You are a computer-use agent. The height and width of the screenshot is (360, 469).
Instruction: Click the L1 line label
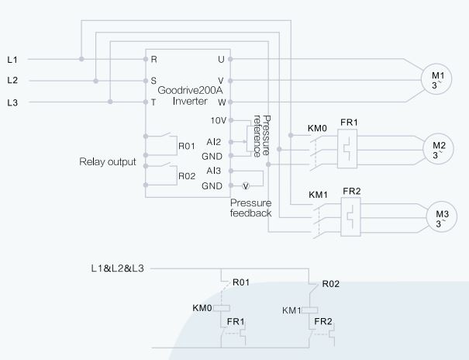coord(12,59)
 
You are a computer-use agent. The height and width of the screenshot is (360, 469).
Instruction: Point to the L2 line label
coord(12,80)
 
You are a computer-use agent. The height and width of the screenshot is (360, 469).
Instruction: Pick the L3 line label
coord(12,102)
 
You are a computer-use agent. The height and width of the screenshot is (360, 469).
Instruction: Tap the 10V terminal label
coord(218,120)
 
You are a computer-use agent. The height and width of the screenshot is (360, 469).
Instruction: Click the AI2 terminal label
coord(214,142)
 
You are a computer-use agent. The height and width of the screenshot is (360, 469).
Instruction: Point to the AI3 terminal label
coord(214,171)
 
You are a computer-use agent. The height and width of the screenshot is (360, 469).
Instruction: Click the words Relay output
coord(108,162)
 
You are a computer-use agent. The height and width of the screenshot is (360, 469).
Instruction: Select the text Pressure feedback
coord(250,207)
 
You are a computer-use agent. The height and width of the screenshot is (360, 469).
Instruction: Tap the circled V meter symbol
coord(246,186)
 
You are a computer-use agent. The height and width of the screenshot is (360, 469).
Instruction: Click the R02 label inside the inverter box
coord(187,176)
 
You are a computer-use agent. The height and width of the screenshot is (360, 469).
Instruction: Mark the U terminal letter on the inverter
coord(220,59)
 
